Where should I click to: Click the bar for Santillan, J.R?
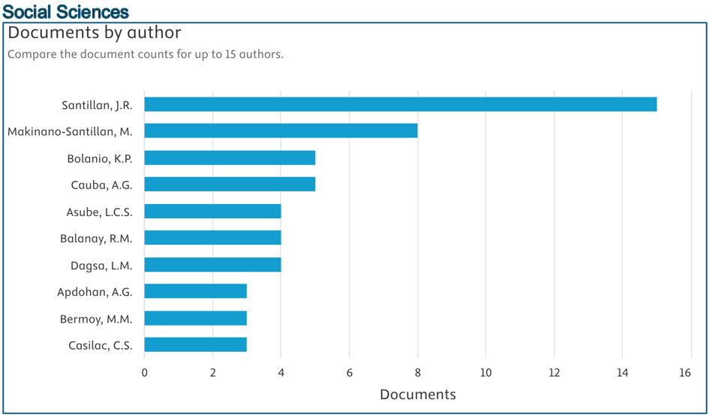click(x=400, y=104)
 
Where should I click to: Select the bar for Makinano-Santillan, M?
click(x=281, y=131)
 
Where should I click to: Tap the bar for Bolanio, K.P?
click(x=230, y=158)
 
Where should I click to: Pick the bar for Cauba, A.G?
click(x=230, y=185)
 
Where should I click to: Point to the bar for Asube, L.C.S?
click(x=212, y=212)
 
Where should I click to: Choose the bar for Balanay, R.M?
click(x=212, y=238)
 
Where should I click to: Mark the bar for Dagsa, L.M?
click(x=212, y=265)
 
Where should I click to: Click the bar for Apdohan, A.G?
click(x=195, y=291)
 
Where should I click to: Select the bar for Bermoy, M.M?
click(x=195, y=318)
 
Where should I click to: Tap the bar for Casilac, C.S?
click(x=195, y=344)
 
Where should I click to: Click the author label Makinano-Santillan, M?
click(x=70, y=132)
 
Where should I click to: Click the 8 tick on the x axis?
click(x=417, y=373)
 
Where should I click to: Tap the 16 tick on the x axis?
click(x=684, y=373)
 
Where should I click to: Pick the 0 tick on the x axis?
click(x=145, y=373)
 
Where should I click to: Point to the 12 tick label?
click(x=554, y=373)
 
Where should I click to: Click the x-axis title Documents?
click(x=417, y=395)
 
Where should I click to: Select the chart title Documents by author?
click(x=95, y=33)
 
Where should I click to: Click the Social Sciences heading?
click(x=66, y=11)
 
